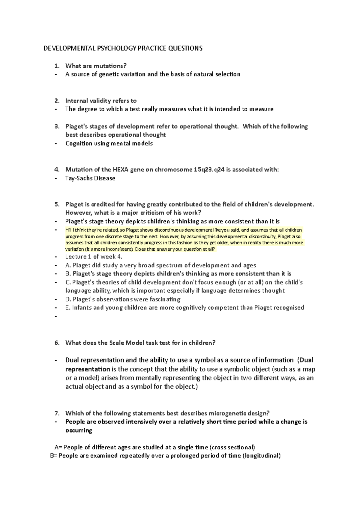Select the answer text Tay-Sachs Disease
click(x=90, y=178)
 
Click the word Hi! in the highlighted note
click(x=68, y=230)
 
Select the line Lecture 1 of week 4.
click(x=94, y=257)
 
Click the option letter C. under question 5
click(x=68, y=282)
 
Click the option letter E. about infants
click(x=67, y=308)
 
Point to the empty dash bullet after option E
click(x=55, y=317)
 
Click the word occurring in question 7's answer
click(x=79, y=430)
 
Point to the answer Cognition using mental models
click(x=109, y=144)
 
